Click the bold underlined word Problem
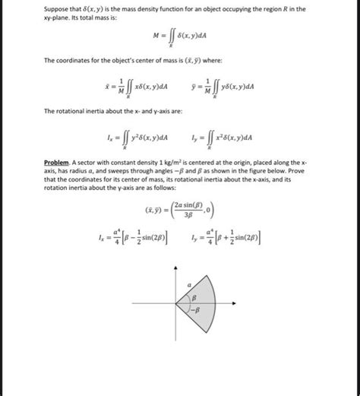[x=57, y=163]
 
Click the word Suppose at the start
[x=55, y=8]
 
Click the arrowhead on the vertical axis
[x=176, y=270]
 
